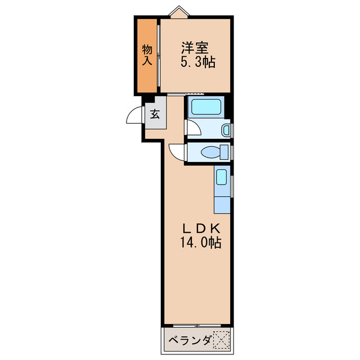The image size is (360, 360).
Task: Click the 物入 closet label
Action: pos(147,55)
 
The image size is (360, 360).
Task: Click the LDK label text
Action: pos(199,229)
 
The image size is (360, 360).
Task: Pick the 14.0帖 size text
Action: pos(200,244)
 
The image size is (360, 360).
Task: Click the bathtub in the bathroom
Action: pos(205,107)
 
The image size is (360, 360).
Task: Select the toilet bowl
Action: pos(211,152)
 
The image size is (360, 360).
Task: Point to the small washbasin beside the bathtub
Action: pos(226,130)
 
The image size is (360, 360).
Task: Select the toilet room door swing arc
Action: pos(177,151)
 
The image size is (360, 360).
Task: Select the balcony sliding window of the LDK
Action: pos(197,326)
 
